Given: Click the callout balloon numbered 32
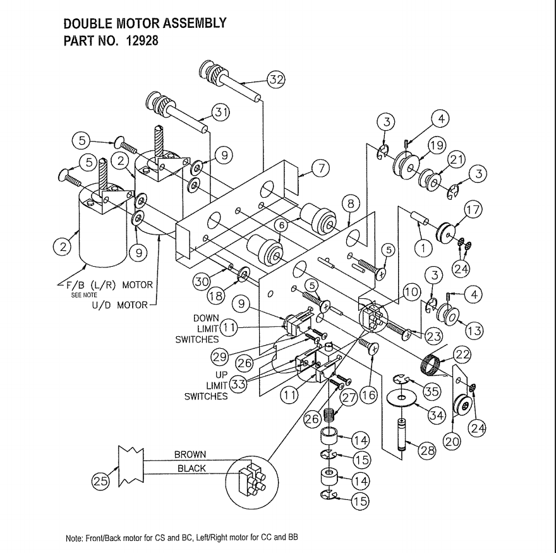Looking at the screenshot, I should tap(275, 80).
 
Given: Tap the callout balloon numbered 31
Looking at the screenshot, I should tap(221, 113).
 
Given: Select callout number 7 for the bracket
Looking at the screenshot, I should tap(320, 168).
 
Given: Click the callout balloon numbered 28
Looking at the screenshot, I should tap(428, 451).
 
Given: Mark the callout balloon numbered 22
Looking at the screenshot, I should tap(462, 355).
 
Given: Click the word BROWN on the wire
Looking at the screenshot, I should tap(190, 454).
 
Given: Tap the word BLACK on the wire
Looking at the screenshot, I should tap(191, 468).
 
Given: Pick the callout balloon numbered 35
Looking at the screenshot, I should tap(432, 392).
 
